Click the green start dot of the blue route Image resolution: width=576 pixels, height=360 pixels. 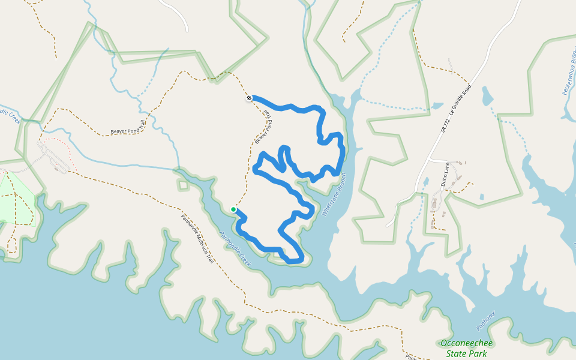233,209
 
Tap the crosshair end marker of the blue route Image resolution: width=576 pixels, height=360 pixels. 249,98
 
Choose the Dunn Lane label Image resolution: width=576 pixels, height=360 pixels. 446,174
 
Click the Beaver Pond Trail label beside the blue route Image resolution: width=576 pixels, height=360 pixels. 263,127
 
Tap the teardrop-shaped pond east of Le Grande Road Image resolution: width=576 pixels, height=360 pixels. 487,95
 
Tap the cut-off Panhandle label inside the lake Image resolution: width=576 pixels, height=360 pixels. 487,320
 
